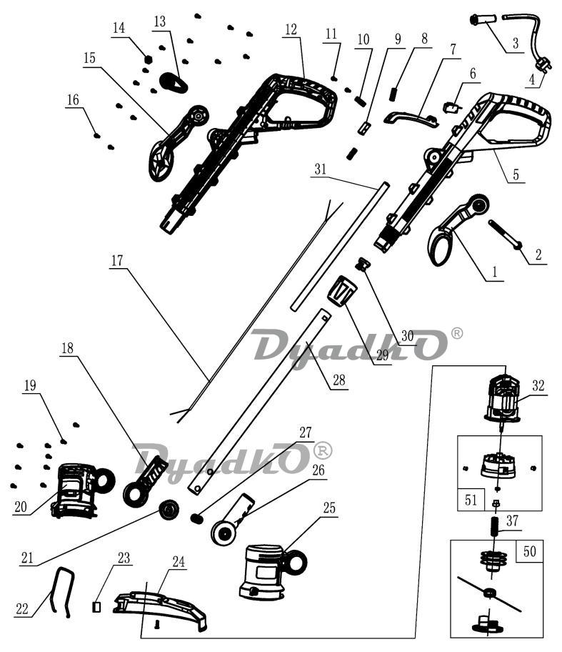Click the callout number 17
point(117,261)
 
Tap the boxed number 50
point(530,551)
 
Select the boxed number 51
point(471,500)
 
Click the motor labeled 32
point(503,398)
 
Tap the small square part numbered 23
point(96,607)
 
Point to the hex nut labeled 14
point(147,58)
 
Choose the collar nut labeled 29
point(342,291)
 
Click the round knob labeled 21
point(169,508)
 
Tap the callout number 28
point(338,380)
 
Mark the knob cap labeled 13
point(174,81)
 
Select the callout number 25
point(329,508)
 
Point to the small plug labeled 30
point(362,264)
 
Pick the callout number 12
point(291,29)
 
